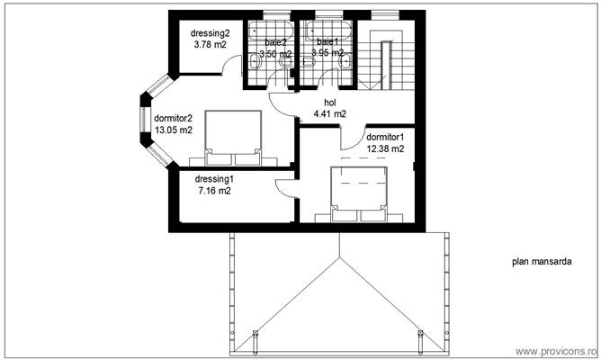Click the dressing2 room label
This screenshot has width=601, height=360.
pos(210,34)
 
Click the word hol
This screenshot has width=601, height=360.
pos(329,102)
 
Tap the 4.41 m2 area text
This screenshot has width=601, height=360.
pos(329,114)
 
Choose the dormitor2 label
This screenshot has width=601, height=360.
pos(173,117)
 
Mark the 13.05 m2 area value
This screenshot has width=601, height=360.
pos(173,130)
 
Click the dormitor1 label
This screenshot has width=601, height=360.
pos(384,137)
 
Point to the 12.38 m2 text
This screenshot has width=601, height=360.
pos(384,148)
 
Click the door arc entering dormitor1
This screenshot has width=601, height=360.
pos(350,136)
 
